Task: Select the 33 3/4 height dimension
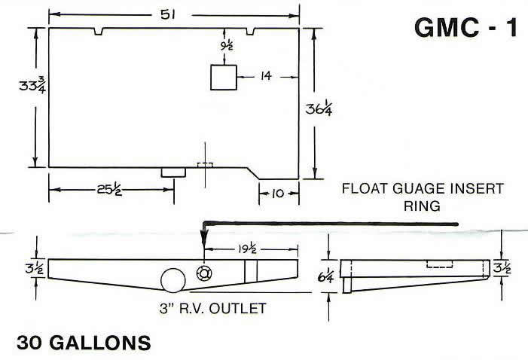point(30,87)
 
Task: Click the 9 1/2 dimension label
point(227,45)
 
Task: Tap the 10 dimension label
point(279,194)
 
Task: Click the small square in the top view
point(223,77)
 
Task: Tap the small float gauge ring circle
point(203,273)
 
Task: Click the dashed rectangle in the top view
point(204,165)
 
